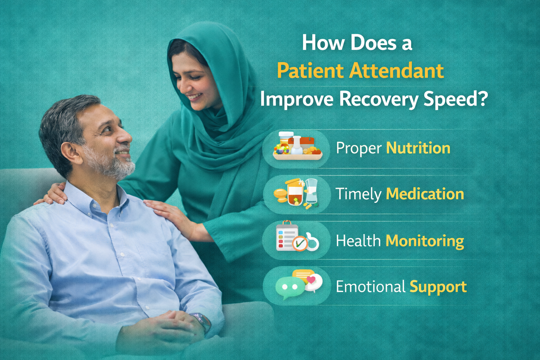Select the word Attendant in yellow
click(397, 71)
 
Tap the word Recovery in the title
click(379, 99)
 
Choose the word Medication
click(425, 194)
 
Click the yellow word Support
click(438, 287)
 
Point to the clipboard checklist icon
click(287, 236)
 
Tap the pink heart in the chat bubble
click(311, 280)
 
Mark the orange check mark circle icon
click(300, 244)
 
